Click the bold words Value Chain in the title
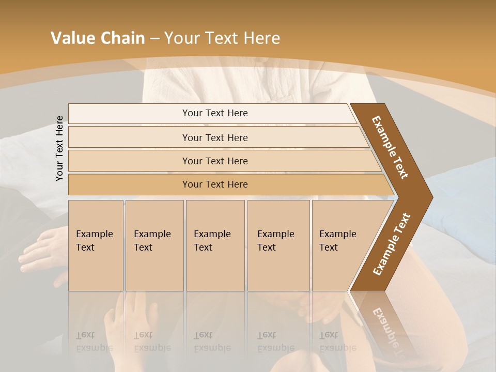tap(98, 38)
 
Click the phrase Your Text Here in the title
tap(222, 38)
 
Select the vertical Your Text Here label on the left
tap(59, 149)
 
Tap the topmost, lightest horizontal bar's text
tap(215, 113)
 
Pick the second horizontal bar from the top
tap(215, 137)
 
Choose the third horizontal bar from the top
tap(215, 161)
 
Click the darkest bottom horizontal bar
tap(215, 184)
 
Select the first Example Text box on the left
tap(96, 245)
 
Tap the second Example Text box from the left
tap(154, 245)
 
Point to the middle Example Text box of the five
tap(214, 245)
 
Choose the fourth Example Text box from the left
tap(278, 245)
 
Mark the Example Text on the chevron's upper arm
tap(390, 147)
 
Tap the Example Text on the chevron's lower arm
tap(391, 244)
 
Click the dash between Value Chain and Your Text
tap(154, 39)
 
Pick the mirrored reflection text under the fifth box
tap(337, 342)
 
